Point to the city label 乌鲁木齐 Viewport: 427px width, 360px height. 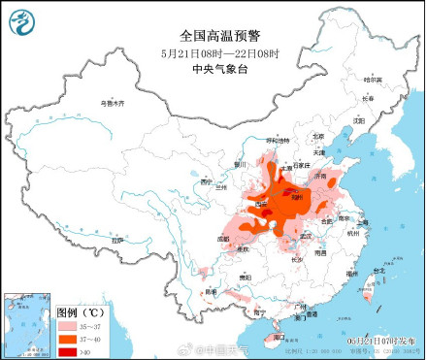tap(115, 102)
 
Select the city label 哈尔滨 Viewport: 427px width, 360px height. tap(374, 80)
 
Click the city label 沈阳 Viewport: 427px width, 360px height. tap(359, 120)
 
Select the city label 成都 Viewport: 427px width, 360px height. tap(224, 237)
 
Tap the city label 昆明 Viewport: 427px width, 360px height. tap(211, 290)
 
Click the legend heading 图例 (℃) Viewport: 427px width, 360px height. tap(80, 312)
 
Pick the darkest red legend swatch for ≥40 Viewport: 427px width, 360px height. tap(66, 349)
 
